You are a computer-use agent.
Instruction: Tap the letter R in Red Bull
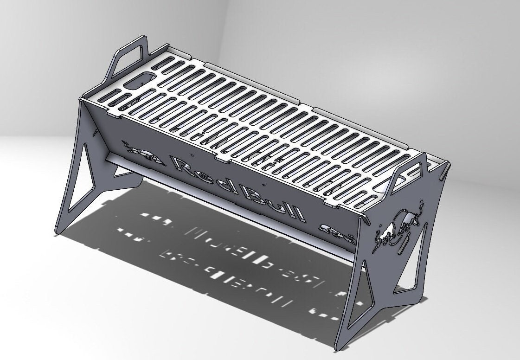pos(182,167)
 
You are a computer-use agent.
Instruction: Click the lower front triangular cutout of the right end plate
pos(363,297)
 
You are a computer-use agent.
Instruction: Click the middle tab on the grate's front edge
pos(226,159)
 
